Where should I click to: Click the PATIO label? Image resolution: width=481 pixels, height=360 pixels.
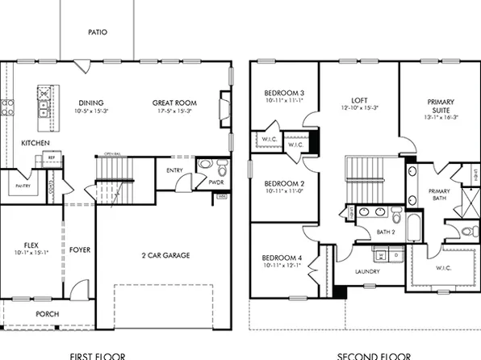(x=98, y=33)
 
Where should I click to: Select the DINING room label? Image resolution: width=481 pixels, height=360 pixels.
(x=92, y=103)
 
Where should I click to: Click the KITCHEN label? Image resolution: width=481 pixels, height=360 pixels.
(x=36, y=143)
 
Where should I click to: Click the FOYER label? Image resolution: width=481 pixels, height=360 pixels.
(x=79, y=249)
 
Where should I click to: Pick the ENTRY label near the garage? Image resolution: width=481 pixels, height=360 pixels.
(x=174, y=170)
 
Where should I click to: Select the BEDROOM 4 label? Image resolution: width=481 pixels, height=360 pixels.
(x=282, y=258)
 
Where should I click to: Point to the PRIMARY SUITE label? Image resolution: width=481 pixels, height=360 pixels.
(x=441, y=107)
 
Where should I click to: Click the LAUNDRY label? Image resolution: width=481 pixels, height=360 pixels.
(x=367, y=271)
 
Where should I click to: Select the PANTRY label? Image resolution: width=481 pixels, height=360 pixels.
(x=21, y=186)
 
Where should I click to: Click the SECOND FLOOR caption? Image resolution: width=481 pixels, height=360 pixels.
(x=374, y=355)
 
